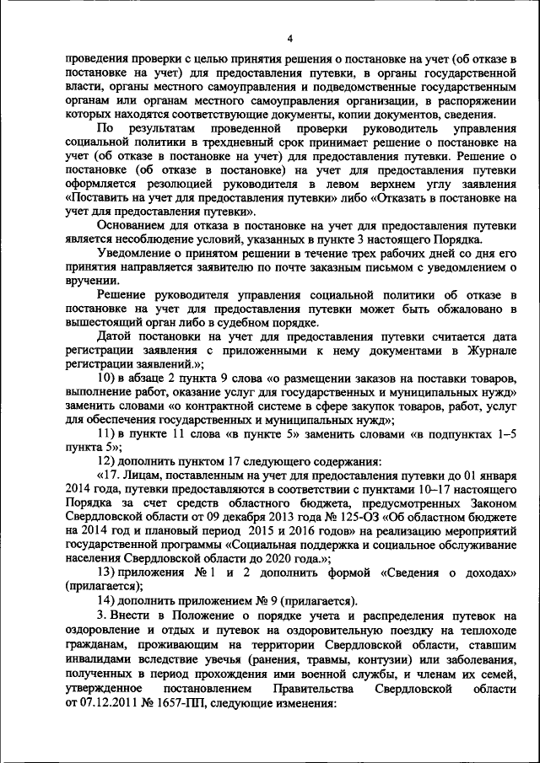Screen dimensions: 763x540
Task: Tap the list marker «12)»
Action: [x=109, y=462]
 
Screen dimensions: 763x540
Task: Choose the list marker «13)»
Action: [x=109, y=571]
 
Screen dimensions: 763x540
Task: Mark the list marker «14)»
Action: [x=109, y=600]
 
